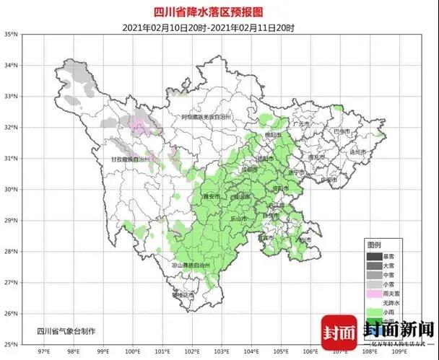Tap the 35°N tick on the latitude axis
[x=9, y=34]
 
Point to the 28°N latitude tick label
[x=9, y=251]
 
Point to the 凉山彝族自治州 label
[x=191, y=265]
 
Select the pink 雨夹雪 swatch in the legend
[x=373, y=295]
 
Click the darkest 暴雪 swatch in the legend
[x=373, y=256]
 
